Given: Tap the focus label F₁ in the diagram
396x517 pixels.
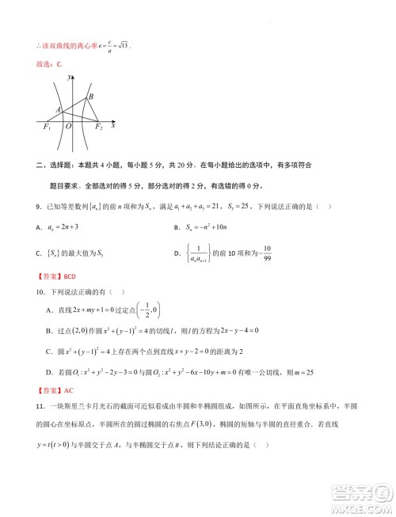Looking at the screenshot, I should (x=46, y=127).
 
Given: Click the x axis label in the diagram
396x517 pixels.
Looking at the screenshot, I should (x=114, y=124).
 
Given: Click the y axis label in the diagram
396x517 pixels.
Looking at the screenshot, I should (x=70, y=77).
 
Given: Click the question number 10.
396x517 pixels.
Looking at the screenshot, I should (x=40, y=292).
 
